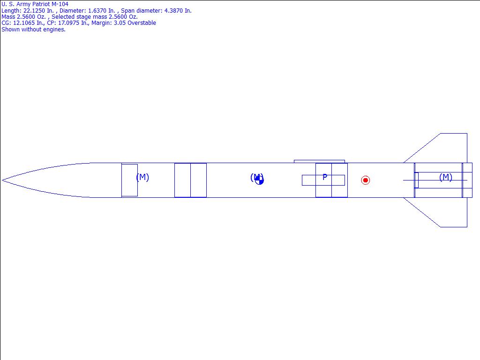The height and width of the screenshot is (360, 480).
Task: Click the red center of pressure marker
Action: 365,180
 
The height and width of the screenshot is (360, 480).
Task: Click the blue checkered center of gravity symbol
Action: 259,180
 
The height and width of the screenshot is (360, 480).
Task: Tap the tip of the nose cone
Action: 2,180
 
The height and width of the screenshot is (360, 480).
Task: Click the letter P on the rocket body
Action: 325,177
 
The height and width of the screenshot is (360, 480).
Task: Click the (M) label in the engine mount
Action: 446,177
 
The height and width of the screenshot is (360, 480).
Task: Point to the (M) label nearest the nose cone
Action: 142,177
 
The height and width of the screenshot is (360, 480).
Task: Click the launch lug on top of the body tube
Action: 319,161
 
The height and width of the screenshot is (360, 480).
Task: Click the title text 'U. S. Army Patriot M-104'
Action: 35,4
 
